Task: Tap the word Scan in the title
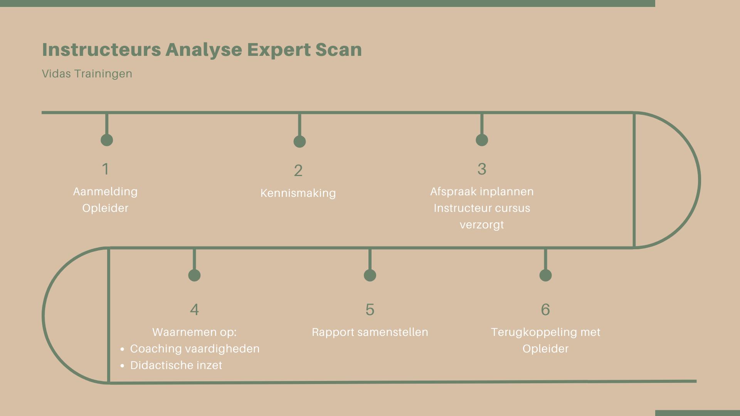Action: [x=338, y=50]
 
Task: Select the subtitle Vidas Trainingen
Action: [x=87, y=74]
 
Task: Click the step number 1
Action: [x=105, y=169]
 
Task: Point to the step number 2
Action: [x=298, y=171]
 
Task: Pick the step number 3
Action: [x=482, y=169]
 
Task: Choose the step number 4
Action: [x=195, y=310]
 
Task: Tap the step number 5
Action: [x=370, y=310]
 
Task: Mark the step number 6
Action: [x=545, y=310]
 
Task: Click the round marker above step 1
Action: [x=107, y=140]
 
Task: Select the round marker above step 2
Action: [x=299, y=141]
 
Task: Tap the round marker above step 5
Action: [x=370, y=275]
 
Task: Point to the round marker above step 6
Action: [x=545, y=275]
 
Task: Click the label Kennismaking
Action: [x=298, y=193]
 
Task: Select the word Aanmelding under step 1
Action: [x=105, y=192]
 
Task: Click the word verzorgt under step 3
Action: [x=482, y=225]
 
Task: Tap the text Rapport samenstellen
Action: [x=370, y=332]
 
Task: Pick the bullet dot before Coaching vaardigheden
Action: [x=122, y=349]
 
